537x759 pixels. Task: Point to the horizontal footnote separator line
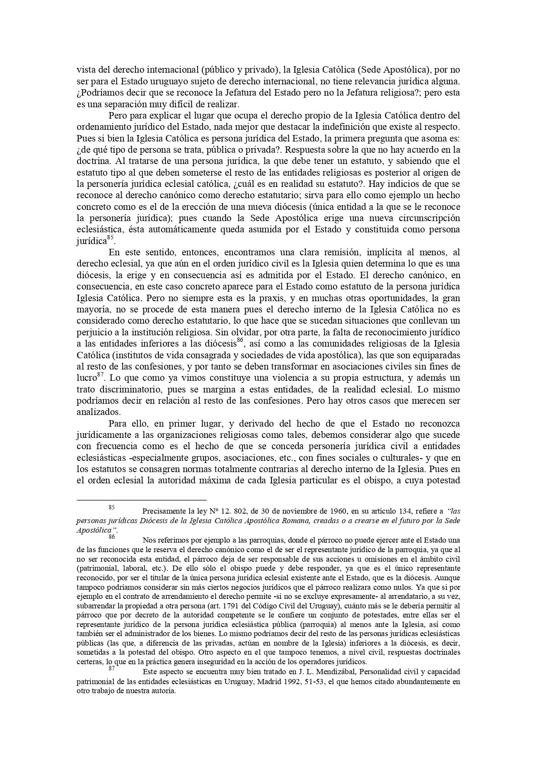coord(141,499)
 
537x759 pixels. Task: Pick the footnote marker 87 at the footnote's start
coord(112,668)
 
